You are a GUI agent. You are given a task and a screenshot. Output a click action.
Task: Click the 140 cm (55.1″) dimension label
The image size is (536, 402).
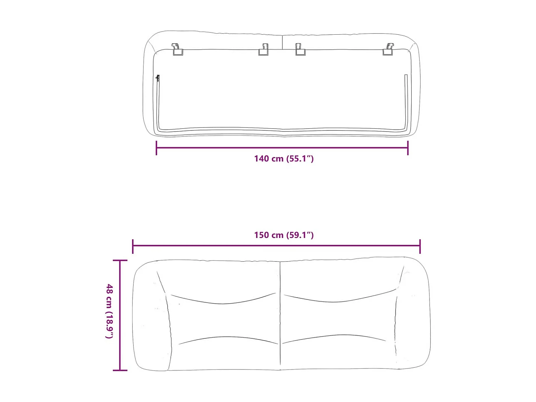[x=284, y=159]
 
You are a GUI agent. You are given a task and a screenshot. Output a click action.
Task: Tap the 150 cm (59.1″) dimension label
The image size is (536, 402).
[x=284, y=235]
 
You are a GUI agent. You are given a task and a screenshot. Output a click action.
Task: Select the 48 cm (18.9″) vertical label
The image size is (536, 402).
[x=110, y=311]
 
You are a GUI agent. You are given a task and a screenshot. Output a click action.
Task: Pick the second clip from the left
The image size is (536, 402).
[x=264, y=50]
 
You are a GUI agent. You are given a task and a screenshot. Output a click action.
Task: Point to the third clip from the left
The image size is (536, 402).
[x=300, y=50]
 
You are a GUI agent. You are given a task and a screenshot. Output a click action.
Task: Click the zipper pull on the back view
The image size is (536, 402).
[x=158, y=78]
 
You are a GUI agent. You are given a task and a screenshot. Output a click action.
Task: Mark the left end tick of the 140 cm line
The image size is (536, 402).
[x=157, y=148]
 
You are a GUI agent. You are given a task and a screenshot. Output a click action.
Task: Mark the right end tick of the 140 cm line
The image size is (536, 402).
[x=408, y=148]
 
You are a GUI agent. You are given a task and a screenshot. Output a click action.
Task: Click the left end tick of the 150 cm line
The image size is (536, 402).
[x=133, y=246]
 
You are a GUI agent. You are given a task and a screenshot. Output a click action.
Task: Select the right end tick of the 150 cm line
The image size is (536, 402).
[x=420, y=246]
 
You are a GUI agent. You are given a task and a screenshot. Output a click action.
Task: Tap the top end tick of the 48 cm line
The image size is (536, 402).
[x=120, y=261]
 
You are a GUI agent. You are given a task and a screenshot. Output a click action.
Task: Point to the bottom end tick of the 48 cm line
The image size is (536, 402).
[x=120, y=370]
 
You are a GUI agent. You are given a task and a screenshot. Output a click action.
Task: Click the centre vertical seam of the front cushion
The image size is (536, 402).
[x=280, y=314]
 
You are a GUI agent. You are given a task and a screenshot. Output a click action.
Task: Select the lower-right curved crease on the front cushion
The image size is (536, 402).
[x=334, y=337]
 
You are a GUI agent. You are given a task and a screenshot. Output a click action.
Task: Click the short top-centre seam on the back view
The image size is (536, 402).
[x=282, y=42]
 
